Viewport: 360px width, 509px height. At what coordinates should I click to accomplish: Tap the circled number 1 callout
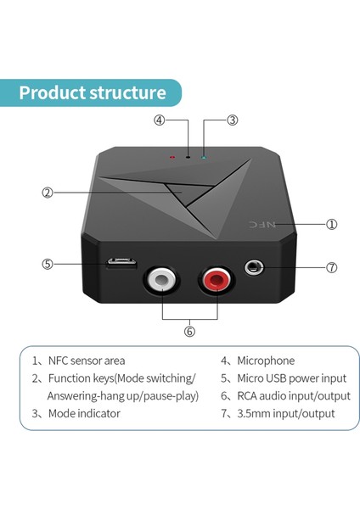(332, 225)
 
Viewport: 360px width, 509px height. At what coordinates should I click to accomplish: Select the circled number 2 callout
(48, 193)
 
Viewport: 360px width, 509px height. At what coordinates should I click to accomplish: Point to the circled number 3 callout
(232, 120)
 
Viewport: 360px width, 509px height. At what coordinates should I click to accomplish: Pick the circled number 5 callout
(48, 264)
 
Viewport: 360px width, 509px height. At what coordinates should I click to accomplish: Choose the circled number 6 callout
(189, 331)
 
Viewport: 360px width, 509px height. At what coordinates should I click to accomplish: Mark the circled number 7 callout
(332, 267)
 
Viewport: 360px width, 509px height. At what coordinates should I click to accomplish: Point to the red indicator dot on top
(172, 157)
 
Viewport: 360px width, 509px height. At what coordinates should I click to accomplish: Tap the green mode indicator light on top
(202, 156)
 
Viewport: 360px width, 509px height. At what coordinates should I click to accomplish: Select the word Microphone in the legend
(266, 361)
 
